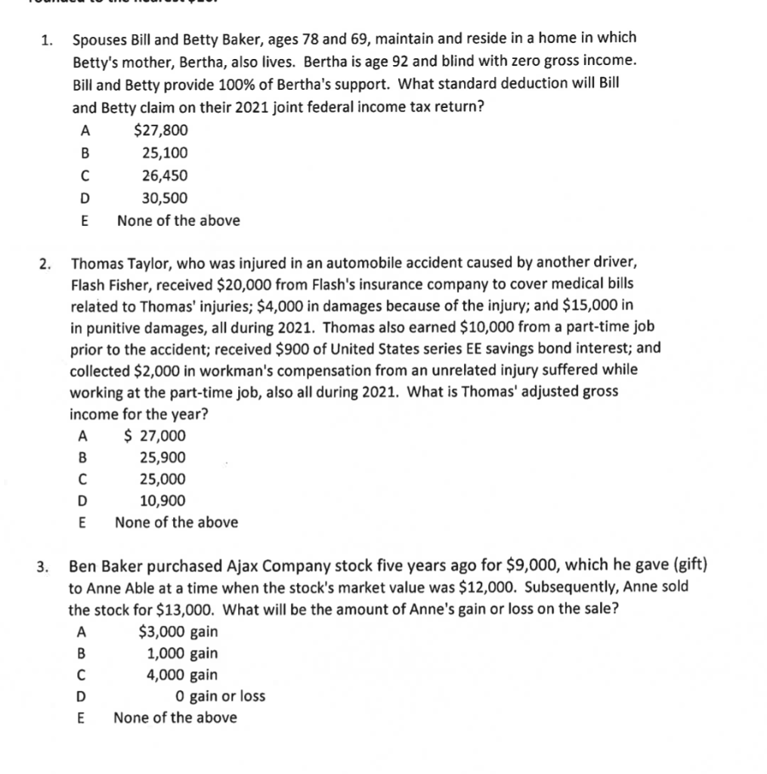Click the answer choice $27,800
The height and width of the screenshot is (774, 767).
click(160, 130)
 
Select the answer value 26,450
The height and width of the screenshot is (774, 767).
click(165, 175)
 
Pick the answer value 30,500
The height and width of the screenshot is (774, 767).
click(165, 198)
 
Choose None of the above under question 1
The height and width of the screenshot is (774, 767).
click(178, 221)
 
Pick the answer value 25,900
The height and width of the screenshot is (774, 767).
click(162, 457)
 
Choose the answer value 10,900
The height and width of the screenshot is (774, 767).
click(162, 500)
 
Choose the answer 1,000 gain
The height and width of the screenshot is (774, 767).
click(181, 653)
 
